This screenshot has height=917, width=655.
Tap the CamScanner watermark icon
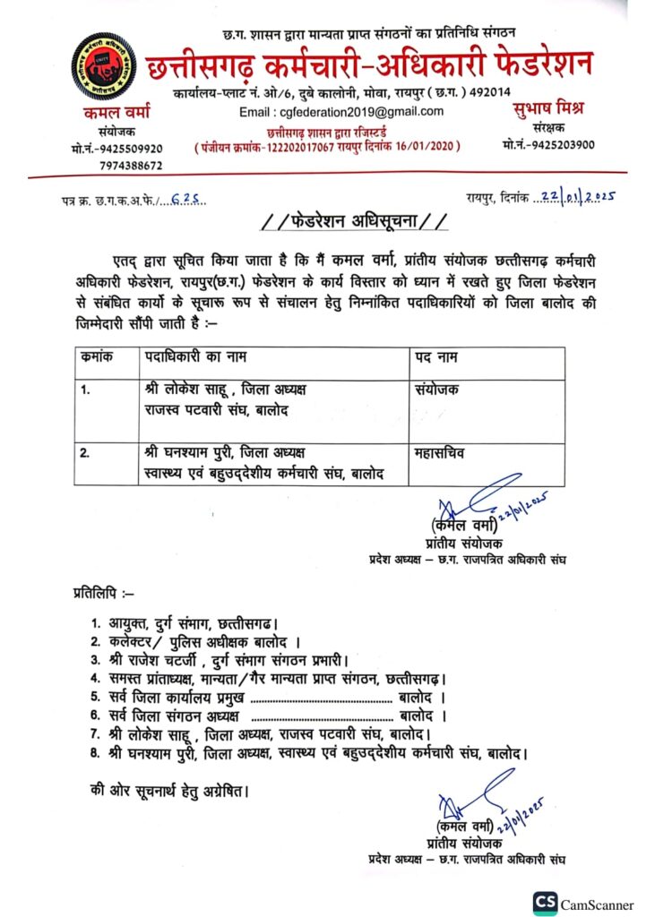tap(544, 902)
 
